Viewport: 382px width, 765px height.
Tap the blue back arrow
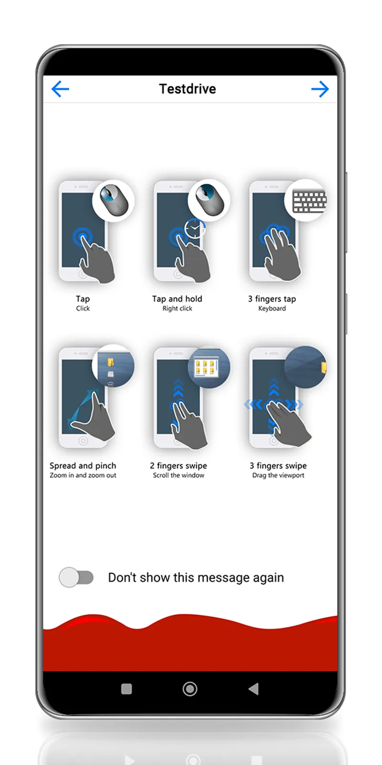pos(60,89)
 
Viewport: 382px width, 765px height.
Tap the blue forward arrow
pos(320,89)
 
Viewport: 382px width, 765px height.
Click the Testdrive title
pos(187,89)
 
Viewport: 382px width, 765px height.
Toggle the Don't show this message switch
pos(76,577)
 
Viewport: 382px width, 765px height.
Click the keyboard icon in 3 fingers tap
pos(308,201)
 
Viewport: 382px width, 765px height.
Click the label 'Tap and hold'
pos(177,299)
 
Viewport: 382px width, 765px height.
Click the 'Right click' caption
pos(177,309)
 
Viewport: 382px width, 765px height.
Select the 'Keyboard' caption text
pos(272,309)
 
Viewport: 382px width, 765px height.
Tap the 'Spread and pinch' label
pos(83,466)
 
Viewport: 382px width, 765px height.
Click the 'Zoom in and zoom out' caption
pos(83,475)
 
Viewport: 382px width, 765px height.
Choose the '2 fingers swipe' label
pos(178,466)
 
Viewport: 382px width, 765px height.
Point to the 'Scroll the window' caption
pos(178,475)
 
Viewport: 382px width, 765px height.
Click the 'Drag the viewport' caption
pos(278,475)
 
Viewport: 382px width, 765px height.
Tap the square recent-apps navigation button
pos(127,689)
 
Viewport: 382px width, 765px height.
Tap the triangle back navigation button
pos(254,689)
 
